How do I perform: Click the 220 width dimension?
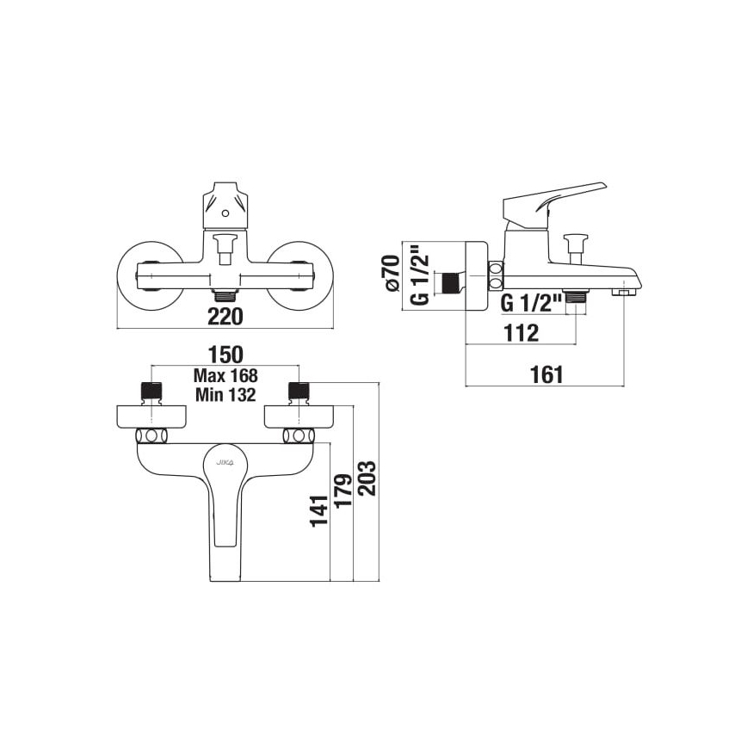(x=225, y=317)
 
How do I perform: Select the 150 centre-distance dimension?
(x=225, y=354)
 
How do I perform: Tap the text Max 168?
(x=225, y=376)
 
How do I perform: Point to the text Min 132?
(x=225, y=395)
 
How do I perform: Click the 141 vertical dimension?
(x=319, y=510)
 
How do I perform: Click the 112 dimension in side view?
(x=521, y=332)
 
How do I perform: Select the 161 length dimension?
(x=546, y=373)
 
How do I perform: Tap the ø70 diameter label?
(x=392, y=274)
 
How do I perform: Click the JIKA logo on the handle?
(x=226, y=464)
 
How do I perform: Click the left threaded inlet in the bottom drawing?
(x=151, y=390)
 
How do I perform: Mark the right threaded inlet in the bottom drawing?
(x=299, y=390)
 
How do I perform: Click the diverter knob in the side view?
(x=574, y=244)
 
